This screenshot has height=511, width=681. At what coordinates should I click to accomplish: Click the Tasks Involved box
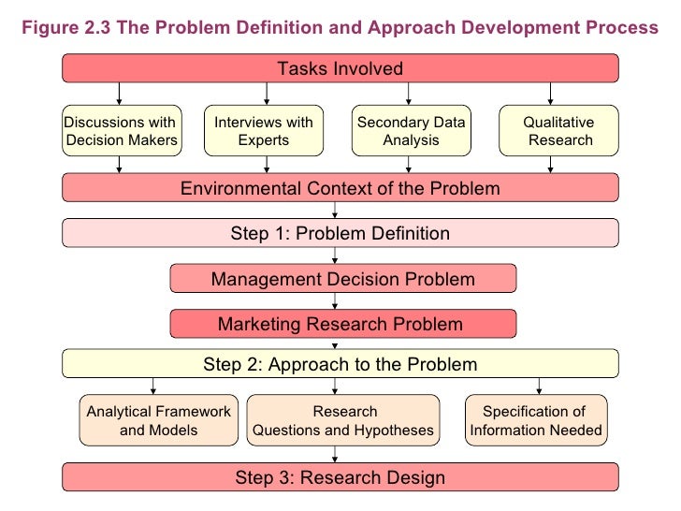340,68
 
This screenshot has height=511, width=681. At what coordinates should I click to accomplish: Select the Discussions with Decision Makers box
121,132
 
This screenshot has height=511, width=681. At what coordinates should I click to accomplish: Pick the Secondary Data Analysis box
411,132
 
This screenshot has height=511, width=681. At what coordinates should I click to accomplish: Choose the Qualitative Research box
558,132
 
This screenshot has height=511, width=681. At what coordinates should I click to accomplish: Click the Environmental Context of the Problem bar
340,188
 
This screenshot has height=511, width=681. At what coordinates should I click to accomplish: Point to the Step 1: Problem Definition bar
340,233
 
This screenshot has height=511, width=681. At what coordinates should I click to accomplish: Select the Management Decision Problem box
342,279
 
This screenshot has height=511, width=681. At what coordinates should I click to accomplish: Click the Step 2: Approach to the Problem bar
340,364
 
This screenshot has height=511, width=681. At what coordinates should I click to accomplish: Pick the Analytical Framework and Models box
158,421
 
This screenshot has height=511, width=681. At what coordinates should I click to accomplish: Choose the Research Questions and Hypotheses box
343,421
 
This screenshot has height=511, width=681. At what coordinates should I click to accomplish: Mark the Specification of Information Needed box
536,421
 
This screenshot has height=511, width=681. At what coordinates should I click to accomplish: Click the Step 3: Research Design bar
340,478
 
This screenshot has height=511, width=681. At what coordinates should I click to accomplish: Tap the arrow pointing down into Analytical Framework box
152,386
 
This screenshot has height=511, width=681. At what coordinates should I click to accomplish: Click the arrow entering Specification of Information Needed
538,386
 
